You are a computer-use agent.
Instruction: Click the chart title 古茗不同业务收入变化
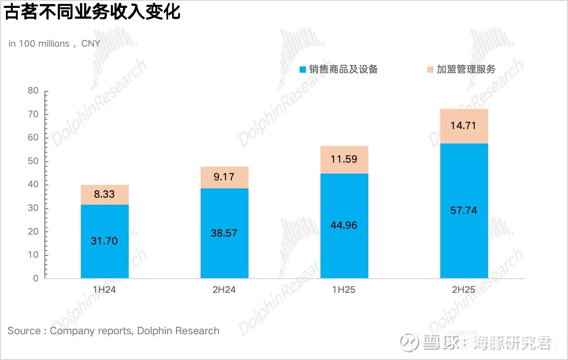pos(92,12)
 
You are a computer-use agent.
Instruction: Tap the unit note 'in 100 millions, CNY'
pos(54,43)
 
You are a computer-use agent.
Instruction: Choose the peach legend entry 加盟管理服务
pos(461,70)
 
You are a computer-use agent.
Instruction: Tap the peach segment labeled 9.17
pos(224,177)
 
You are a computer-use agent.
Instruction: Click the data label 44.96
pos(344,225)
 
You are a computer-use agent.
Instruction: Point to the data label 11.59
pos(344,159)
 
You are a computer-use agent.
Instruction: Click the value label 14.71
pos(464,125)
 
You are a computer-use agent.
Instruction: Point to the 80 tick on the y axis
pos(33,91)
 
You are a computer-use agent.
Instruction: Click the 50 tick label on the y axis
pos(33,161)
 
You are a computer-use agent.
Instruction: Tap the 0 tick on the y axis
pos(35,278)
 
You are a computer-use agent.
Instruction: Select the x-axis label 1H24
pos(105,289)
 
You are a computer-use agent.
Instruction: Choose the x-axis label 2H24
pos(224,289)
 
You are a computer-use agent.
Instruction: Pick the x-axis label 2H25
pos(464,289)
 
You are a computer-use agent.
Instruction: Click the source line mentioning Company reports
pos(113,331)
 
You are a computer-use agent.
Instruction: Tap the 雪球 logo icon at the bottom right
pos(409,342)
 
